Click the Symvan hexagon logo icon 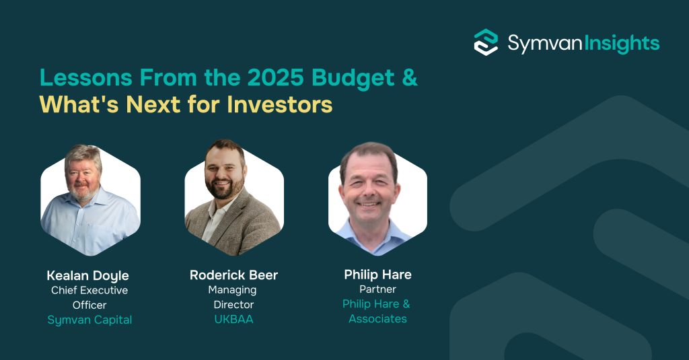(486, 42)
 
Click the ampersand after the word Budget (410, 78)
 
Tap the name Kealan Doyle (87, 276)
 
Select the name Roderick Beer (233, 275)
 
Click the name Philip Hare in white (377, 275)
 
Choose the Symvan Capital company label (89, 320)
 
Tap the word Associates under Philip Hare (377, 319)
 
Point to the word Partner (377, 289)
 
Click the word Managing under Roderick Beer (233, 291)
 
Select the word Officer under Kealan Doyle (89, 305)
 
